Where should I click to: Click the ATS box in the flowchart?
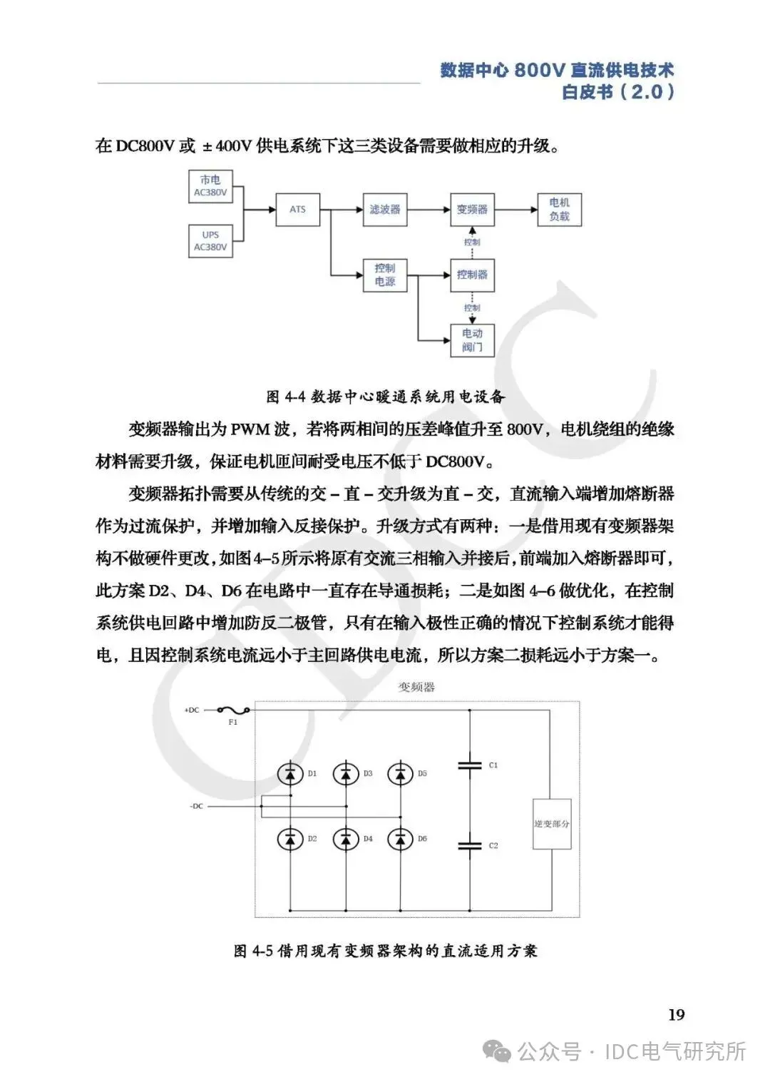[x=297, y=210]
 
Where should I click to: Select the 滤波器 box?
[x=385, y=210]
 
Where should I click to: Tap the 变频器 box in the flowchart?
[x=472, y=210]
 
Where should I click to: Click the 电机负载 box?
[x=560, y=210]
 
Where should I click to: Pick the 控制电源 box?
[x=385, y=275]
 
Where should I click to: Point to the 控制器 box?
[x=472, y=275]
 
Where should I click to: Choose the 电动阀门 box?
[x=472, y=340]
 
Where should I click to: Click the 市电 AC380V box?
[x=210, y=186]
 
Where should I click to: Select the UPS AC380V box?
[x=210, y=241]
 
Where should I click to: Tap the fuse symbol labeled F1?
[x=232, y=710]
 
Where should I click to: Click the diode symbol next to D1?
[x=290, y=774]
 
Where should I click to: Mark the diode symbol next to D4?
[x=346, y=839]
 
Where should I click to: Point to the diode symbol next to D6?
[x=401, y=839]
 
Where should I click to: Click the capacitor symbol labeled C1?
[x=470, y=765]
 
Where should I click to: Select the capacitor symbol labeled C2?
[x=470, y=846]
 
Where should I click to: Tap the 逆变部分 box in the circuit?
[x=552, y=824]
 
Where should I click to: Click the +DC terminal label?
[x=192, y=710]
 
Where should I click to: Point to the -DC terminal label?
[x=196, y=806]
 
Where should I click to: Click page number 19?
[x=676, y=1014]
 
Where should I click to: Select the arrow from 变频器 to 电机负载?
[x=515, y=210]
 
